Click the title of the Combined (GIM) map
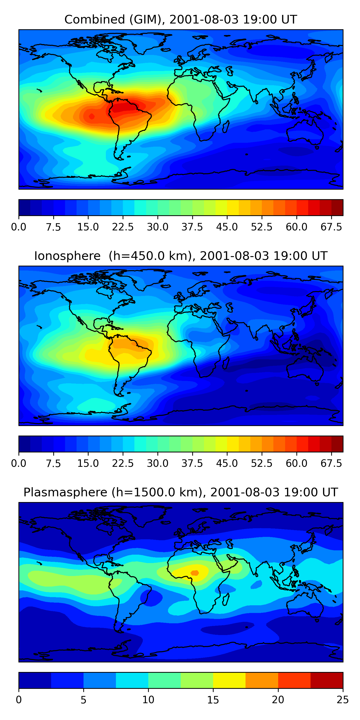(180, 20)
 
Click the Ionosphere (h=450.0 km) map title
(180, 256)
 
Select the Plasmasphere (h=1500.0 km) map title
(180, 492)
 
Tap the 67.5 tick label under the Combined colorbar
(331, 227)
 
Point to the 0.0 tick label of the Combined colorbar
(19, 227)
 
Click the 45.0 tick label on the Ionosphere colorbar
(227, 463)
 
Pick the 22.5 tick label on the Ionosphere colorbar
(123, 463)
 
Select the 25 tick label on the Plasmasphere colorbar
(343, 700)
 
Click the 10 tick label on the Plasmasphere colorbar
(148, 700)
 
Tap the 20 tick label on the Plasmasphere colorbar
(278, 700)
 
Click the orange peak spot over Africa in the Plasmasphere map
(195, 573)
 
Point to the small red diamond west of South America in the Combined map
(92, 116)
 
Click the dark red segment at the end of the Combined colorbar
(337, 207)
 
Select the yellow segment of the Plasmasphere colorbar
(229, 680)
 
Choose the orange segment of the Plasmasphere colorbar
(262, 680)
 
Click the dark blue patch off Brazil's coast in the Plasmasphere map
(151, 598)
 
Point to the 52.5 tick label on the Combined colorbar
(262, 227)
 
